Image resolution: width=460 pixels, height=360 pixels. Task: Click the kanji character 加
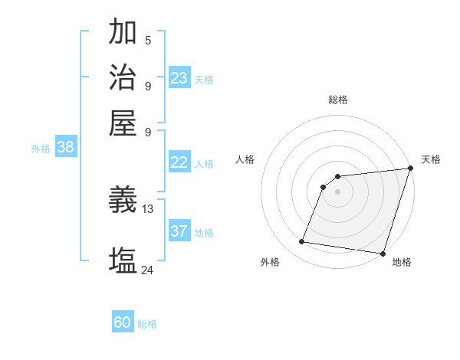point(123,32)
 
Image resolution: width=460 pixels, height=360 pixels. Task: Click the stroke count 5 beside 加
point(148,40)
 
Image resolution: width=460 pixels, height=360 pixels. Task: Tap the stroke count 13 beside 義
point(148,208)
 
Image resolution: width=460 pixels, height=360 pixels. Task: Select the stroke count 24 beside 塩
point(148,269)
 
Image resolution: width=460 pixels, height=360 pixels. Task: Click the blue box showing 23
point(179,77)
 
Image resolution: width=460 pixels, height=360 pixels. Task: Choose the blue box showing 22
point(179,162)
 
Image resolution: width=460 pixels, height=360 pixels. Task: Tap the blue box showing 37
point(179,231)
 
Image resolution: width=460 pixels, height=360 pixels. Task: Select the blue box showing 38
point(65,147)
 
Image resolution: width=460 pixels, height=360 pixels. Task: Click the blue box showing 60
point(123,322)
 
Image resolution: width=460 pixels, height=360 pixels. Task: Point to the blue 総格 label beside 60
point(147,324)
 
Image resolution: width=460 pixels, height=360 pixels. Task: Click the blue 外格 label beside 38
point(41,149)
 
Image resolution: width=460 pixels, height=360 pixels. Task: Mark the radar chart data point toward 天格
point(411,169)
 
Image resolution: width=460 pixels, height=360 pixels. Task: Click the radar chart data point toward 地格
point(383,254)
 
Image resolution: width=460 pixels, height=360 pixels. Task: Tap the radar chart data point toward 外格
point(301,242)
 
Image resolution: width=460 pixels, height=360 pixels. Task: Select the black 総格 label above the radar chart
point(337,100)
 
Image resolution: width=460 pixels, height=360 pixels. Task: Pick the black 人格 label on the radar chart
point(245,159)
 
